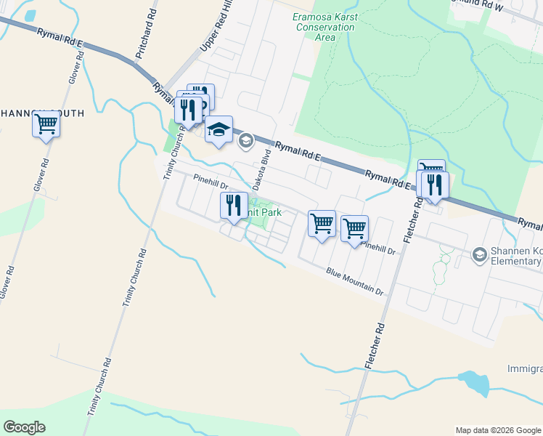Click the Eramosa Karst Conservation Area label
coord(324,27)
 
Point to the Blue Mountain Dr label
coord(354,282)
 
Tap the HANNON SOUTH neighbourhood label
coord(42,113)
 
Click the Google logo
coord(25,427)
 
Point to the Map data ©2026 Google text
coord(497,430)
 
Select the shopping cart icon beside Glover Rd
coord(46,124)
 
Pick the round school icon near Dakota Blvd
coord(245,140)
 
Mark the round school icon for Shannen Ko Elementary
coord(479,254)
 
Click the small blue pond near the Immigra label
coord(473,381)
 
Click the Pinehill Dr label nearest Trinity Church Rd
coord(211,182)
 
